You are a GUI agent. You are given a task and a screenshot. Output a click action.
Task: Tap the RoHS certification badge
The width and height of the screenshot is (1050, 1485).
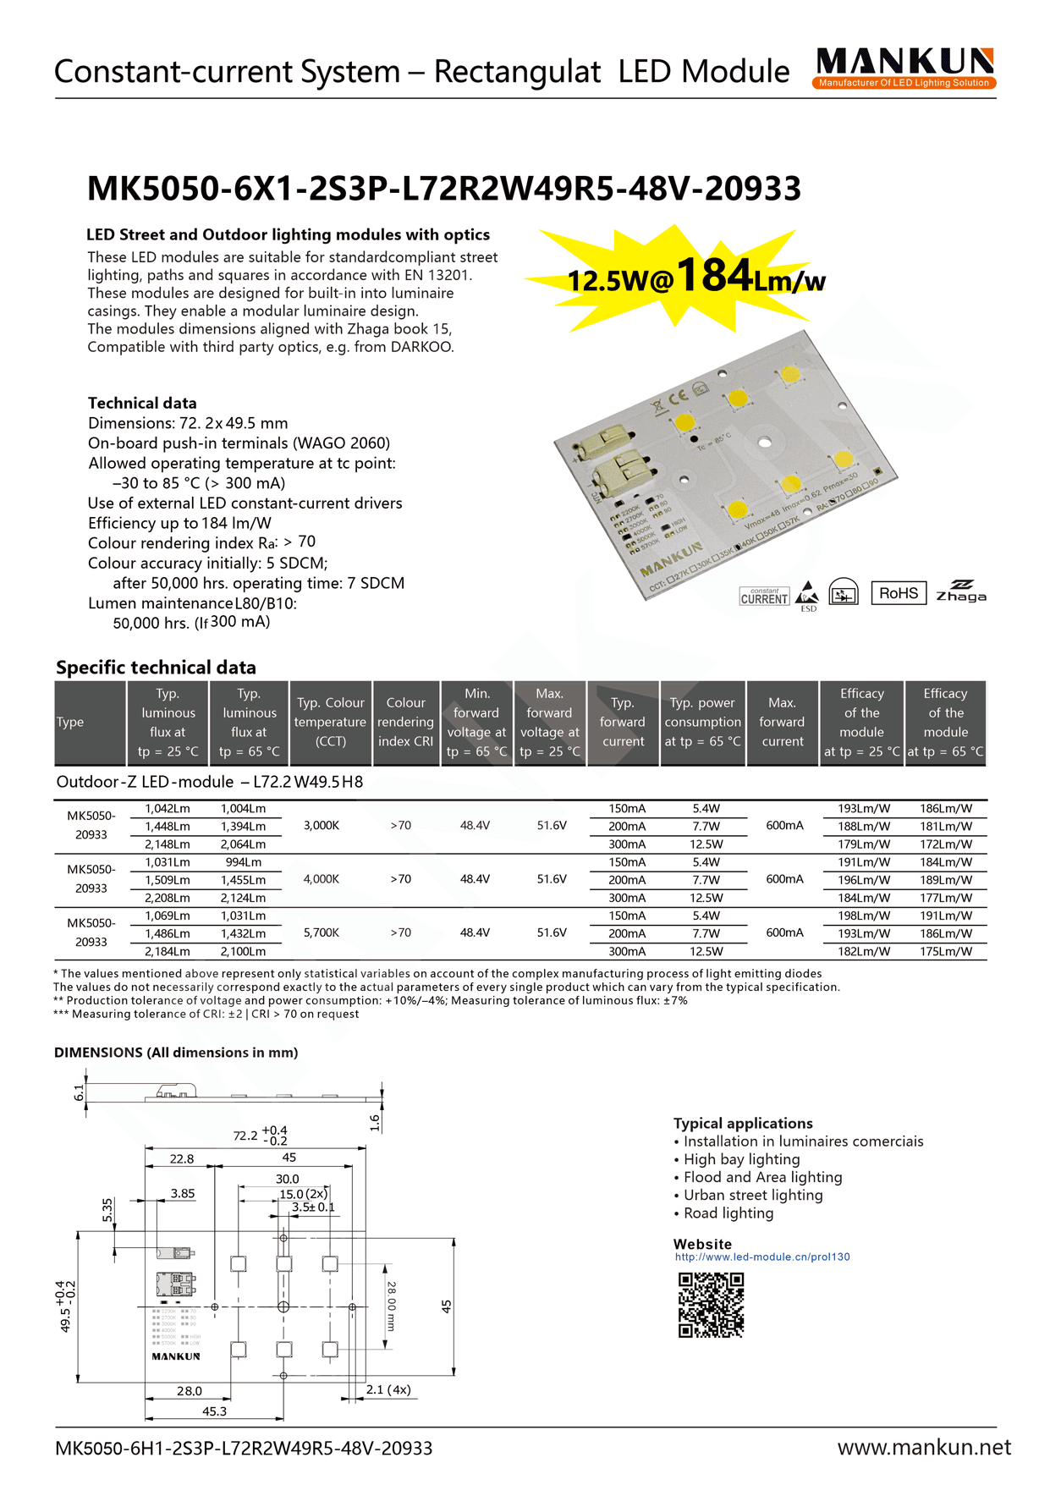click(x=898, y=593)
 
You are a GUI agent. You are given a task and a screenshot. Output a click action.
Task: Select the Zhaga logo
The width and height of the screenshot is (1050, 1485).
click(x=960, y=591)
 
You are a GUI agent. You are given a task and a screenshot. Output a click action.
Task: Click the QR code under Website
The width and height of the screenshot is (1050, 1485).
click(x=711, y=1305)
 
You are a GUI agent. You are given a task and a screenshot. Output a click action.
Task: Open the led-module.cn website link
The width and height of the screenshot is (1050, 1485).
click(x=762, y=1257)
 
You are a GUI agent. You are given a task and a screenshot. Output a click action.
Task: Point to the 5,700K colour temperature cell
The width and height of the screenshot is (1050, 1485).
click(x=322, y=932)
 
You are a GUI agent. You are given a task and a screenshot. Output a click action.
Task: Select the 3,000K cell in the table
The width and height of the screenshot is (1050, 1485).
click(x=322, y=825)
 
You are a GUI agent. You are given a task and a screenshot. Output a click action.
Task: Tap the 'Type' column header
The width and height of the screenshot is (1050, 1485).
click(x=70, y=722)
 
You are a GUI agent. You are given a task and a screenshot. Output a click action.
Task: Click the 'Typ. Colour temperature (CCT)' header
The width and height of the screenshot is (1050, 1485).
click(x=330, y=722)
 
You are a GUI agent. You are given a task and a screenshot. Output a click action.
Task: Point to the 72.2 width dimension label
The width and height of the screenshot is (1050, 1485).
click(x=245, y=1136)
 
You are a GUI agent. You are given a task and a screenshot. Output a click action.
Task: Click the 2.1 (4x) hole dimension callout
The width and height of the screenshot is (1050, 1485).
click(x=388, y=1389)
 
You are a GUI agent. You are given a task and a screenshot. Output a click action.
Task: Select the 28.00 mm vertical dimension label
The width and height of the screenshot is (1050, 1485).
click(x=391, y=1306)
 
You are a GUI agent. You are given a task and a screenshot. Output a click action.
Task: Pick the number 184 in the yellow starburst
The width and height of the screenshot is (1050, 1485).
click(x=715, y=276)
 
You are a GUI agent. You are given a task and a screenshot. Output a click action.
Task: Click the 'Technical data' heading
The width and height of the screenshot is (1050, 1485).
click(x=142, y=404)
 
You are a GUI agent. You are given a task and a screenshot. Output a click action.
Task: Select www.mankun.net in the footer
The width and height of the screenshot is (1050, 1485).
click(x=924, y=1447)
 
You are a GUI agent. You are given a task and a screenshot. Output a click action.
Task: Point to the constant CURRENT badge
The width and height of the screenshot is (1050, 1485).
click(x=764, y=597)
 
